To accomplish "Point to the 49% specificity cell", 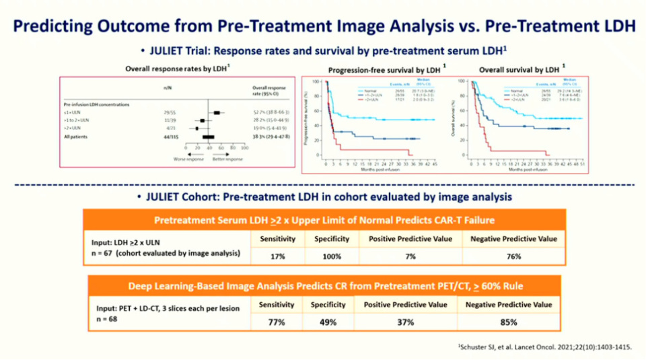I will click(x=328, y=322).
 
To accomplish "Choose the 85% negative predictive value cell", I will click(x=509, y=322).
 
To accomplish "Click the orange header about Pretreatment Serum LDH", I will click(x=323, y=220).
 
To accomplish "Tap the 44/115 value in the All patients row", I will click(x=166, y=137).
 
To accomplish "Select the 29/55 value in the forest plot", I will click(x=166, y=112).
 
